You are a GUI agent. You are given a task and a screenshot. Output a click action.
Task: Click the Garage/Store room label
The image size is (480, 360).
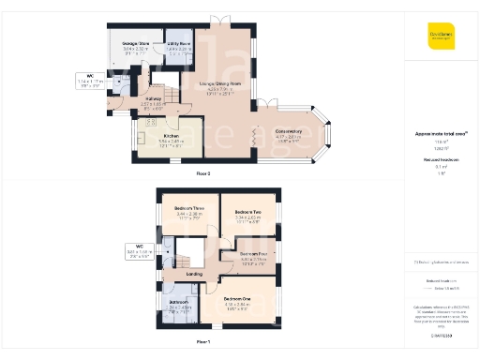click(x=136, y=43)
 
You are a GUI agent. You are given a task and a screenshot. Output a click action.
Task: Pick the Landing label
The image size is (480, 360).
click(x=195, y=274)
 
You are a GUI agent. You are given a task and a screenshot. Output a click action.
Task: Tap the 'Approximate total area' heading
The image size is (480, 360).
click(x=440, y=134)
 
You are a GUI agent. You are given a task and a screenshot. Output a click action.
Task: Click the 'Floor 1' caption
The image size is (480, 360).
click(x=202, y=342)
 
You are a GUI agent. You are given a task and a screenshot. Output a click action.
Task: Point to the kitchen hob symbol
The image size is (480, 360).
click(x=152, y=123)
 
